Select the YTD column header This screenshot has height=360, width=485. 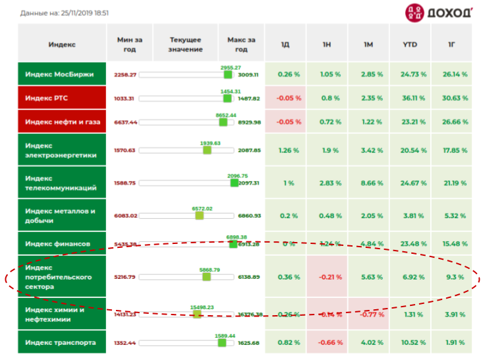point(410,44)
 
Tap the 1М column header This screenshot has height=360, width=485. point(368,44)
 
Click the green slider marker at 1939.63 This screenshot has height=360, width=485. point(207,150)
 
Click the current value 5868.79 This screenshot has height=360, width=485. point(210,270)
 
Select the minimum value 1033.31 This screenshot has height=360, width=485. point(124,98)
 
